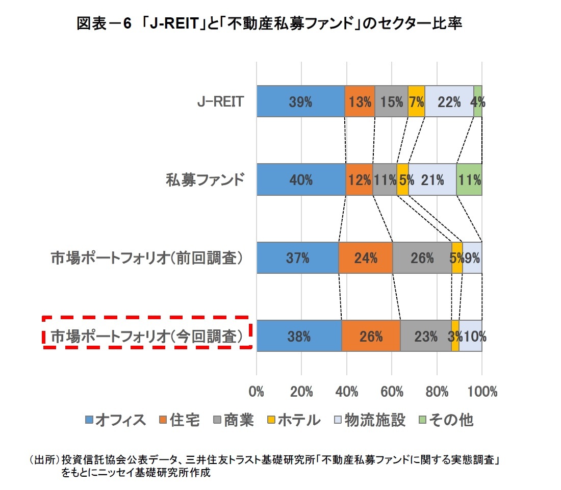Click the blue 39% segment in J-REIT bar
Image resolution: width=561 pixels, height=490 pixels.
tap(300, 101)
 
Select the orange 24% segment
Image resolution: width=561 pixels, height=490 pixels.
tap(365, 258)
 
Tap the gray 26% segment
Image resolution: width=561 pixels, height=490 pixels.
tap(422, 258)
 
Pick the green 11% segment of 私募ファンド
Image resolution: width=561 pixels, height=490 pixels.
tap(469, 180)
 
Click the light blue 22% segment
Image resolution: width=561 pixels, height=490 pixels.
tap(449, 101)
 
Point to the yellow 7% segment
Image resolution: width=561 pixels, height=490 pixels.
tap(416, 101)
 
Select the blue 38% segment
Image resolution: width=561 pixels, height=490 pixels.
tap(299, 336)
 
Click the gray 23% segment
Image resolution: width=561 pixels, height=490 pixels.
tap(425, 336)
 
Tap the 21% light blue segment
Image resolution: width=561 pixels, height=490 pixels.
tap(432, 180)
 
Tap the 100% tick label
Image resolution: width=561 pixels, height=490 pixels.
tap(481, 392)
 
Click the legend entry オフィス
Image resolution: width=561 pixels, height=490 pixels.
tap(115, 420)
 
